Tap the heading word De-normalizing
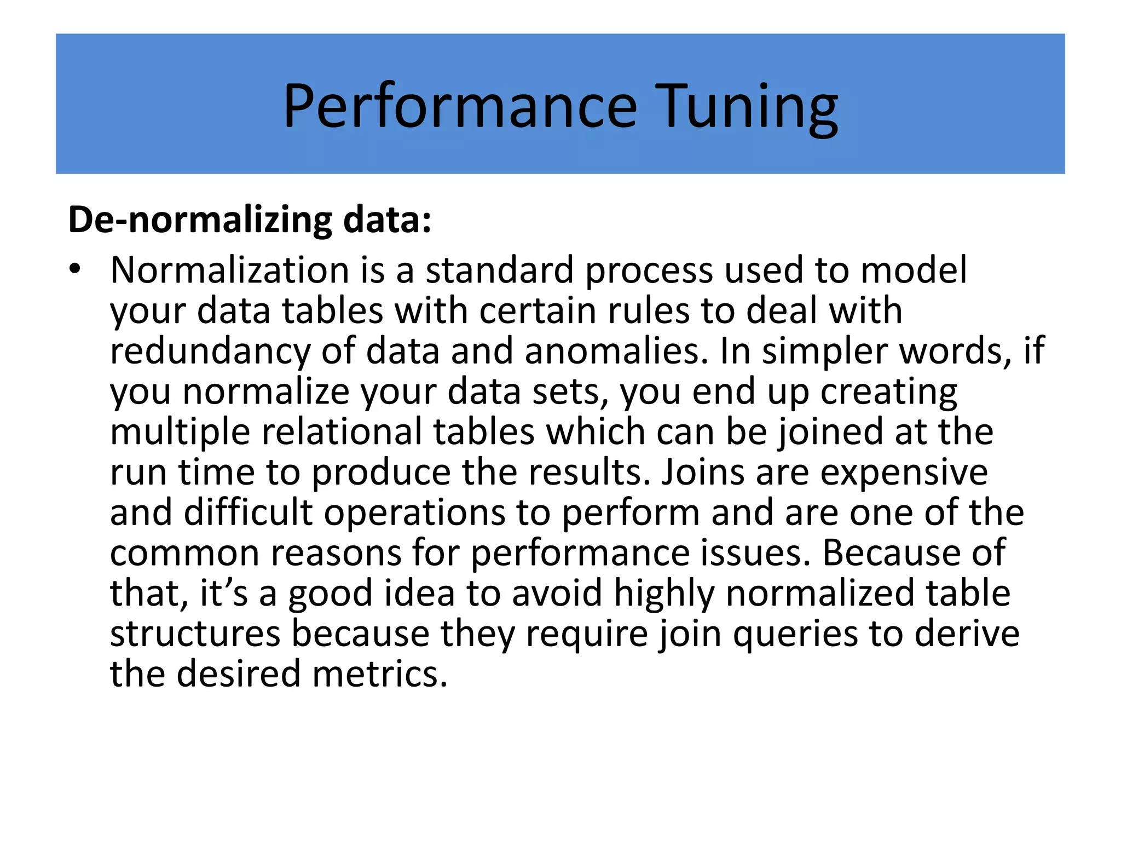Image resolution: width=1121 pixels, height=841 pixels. click(x=200, y=220)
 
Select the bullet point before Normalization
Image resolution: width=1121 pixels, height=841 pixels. click(x=75, y=268)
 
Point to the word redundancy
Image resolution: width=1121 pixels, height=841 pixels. click(x=210, y=352)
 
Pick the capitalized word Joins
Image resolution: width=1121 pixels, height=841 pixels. click(x=702, y=472)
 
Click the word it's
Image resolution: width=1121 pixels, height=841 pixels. click(x=223, y=593)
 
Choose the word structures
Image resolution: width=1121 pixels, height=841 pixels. click(x=195, y=633)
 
